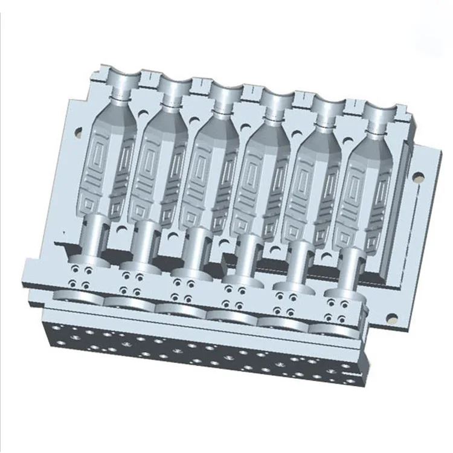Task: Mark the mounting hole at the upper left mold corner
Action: [77, 130]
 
